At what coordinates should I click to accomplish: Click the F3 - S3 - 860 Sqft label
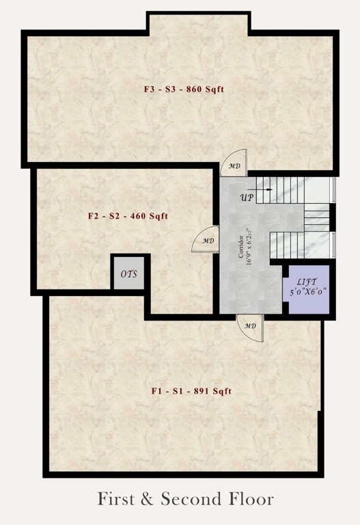pos(184,89)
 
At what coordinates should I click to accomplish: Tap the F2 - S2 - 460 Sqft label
pos(128,216)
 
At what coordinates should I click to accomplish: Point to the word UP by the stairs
pos(247,198)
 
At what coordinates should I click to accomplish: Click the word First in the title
pos(117,499)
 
